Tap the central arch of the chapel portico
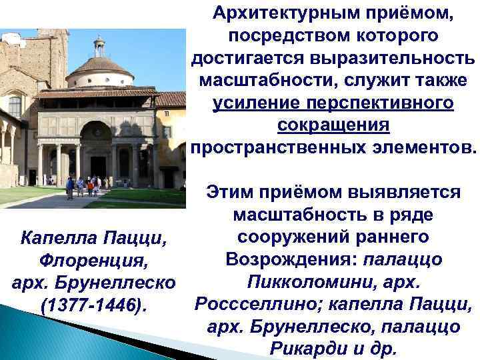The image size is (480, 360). click(97, 133)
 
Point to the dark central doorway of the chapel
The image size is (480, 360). click(98, 166)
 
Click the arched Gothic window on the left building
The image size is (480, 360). click(15, 106)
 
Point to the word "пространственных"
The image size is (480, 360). click(273, 148)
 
